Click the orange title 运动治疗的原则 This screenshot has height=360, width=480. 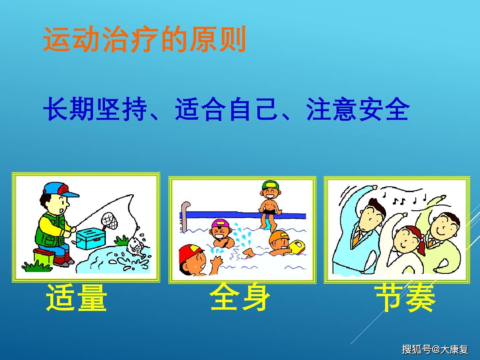145,40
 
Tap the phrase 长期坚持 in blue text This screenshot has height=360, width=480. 95,109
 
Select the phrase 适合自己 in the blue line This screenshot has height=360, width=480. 226,109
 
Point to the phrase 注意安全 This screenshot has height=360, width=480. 357,109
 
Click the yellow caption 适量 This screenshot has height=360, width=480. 76,298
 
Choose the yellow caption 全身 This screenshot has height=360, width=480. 240,297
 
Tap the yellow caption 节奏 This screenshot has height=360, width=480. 405,298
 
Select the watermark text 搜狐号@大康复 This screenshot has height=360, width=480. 435,349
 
